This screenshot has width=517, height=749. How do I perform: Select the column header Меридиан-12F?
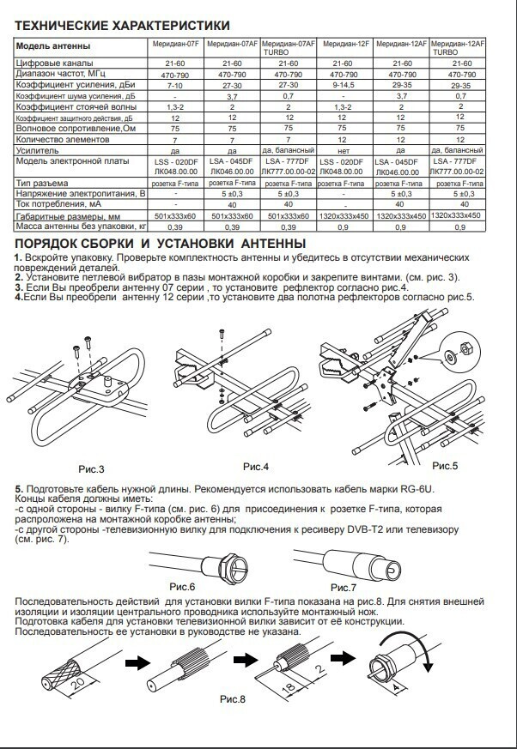pos(344,43)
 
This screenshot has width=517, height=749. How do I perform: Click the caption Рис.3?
pos(92,469)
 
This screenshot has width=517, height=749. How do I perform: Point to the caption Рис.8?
pos(232,699)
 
